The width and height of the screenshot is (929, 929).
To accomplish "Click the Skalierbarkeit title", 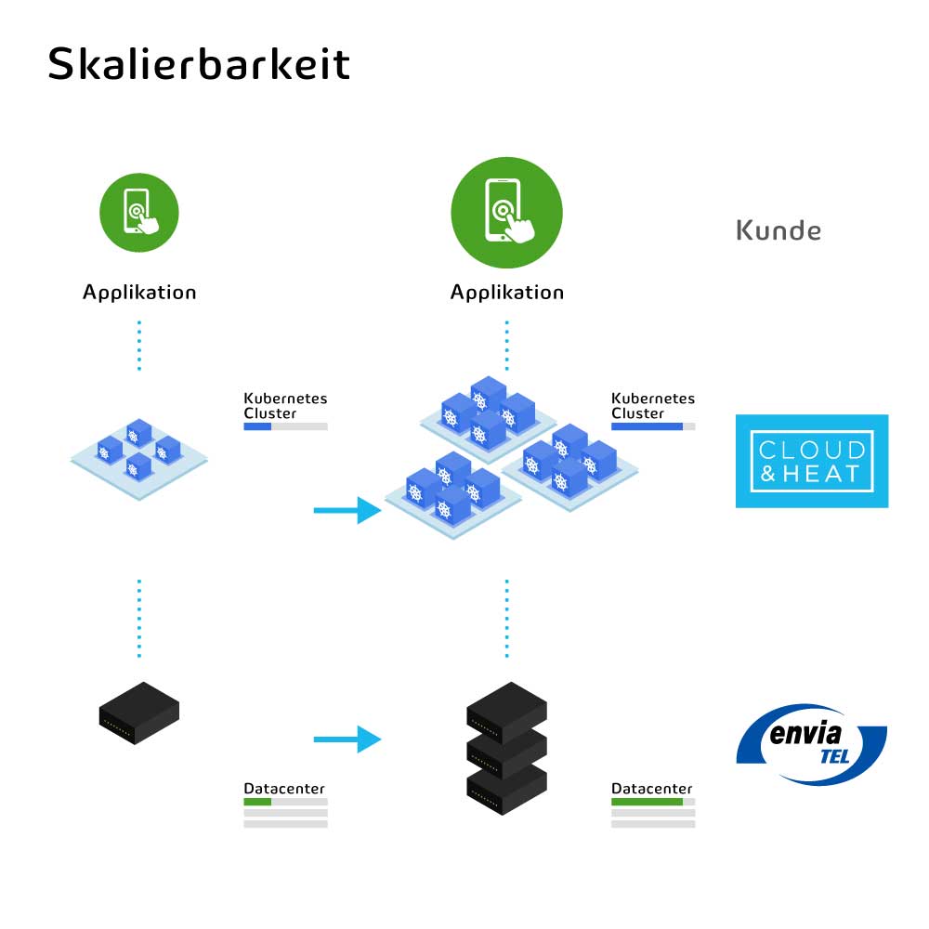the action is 199,63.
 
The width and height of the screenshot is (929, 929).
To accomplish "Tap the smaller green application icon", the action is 139,212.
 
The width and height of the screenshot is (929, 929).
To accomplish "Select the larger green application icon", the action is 506,212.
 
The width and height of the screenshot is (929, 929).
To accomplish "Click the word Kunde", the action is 779,230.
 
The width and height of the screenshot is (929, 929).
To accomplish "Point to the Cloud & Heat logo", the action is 812,461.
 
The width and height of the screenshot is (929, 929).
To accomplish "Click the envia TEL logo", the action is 812,744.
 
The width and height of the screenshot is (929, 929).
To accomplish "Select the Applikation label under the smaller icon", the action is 139,292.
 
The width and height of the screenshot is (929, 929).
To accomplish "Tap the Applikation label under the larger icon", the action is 507,292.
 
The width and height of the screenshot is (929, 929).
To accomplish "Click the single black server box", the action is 139,713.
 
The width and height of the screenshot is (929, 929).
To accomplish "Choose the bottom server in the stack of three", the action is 506,788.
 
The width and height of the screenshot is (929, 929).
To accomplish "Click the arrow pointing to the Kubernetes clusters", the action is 347,510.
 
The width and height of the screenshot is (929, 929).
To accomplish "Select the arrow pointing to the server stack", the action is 347,739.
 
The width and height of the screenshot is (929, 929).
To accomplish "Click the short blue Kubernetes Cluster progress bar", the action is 257,426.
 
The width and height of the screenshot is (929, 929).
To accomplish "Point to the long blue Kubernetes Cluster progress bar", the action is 647,426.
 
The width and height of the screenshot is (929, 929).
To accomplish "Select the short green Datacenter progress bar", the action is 257,802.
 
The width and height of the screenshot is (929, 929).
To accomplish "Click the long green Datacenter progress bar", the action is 647,802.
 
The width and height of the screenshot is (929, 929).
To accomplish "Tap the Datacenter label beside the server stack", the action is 652,789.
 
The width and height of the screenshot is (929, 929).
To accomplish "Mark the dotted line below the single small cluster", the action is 139,619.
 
